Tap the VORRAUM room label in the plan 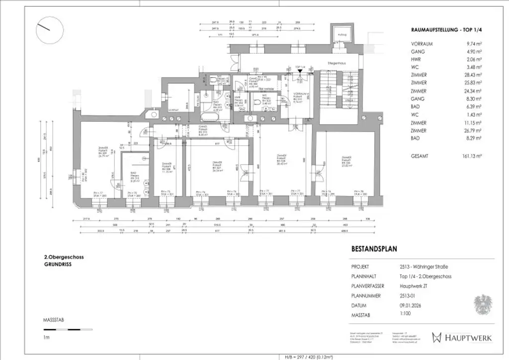pos(299,96)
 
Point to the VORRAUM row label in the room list pos(422,44)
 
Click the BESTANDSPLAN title pos(374,249)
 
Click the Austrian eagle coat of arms pos(481,305)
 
